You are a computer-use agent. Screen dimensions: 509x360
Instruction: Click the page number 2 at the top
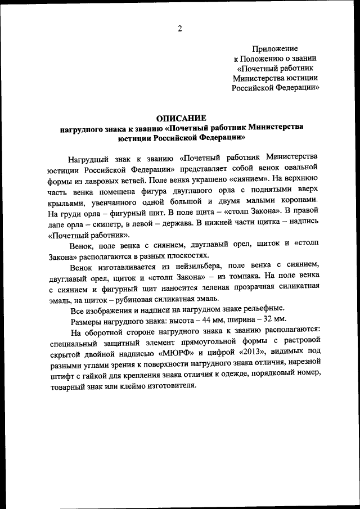pyautogui.click(x=179, y=29)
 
